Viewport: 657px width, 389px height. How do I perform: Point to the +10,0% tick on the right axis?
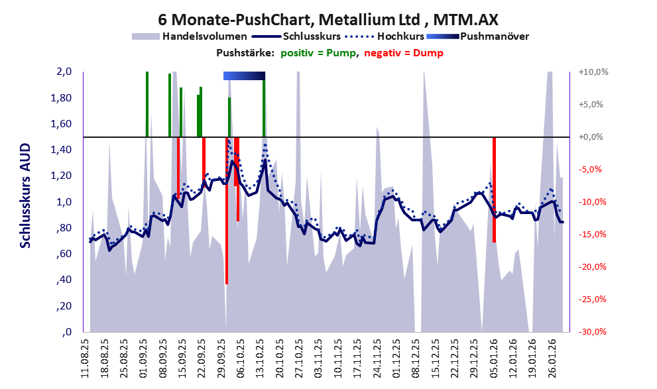[593, 72]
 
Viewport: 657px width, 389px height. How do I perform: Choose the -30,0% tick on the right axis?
[593, 332]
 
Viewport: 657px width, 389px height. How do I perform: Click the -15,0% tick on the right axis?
[593, 235]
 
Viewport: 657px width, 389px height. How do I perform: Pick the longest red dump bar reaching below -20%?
[227, 212]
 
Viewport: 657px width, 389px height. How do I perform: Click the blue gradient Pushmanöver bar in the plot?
[244, 76]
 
